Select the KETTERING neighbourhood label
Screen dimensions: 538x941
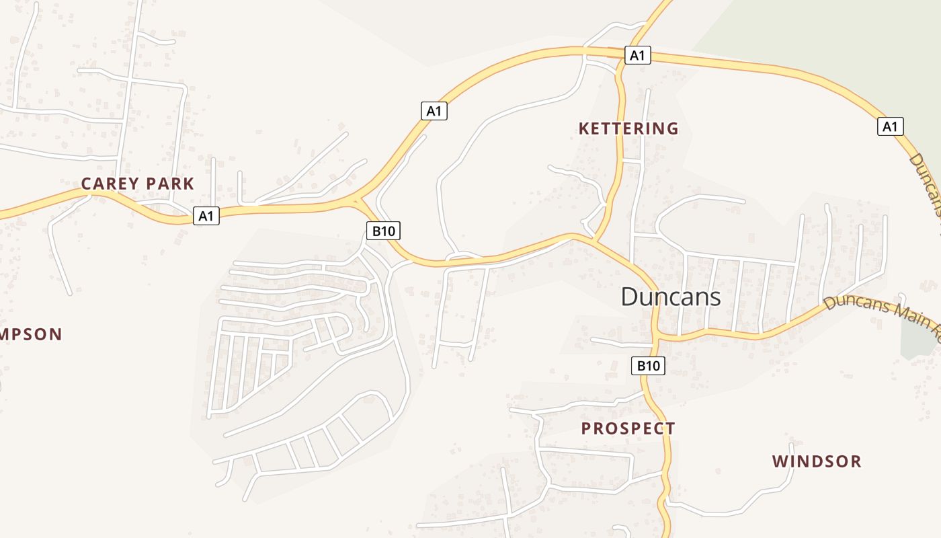tap(628, 128)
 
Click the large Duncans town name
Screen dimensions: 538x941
tap(670, 297)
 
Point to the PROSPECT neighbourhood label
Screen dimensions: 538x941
tap(628, 428)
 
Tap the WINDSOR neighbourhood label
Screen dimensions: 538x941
tap(816, 461)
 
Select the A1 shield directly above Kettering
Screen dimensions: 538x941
tap(637, 55)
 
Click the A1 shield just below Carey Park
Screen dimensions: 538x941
tap(206, 216)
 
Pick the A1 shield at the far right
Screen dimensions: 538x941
tap(890, 126)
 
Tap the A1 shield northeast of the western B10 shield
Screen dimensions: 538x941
tap(434, 111)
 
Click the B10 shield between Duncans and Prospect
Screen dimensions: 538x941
tap(648, 366)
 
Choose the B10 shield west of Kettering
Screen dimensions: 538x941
tap(383, 231)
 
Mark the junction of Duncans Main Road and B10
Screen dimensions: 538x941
tap(655, 334)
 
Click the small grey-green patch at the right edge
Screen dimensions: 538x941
tap(919, 336)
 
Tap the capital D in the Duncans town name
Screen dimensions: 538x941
tap(629, 297)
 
